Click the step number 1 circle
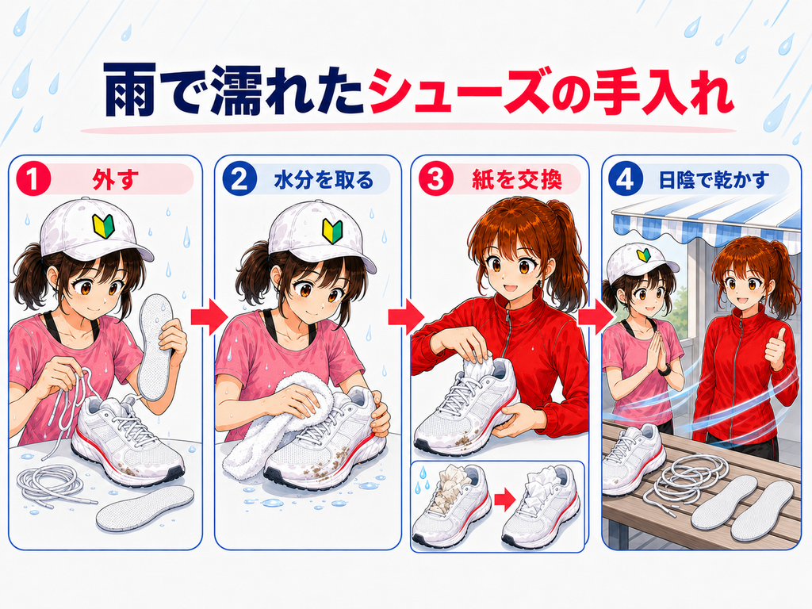33,180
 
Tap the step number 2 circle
239,180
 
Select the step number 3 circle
435,180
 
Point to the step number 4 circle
626,180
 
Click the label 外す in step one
116,180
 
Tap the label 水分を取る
324,180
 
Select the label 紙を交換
517,180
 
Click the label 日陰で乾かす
714,180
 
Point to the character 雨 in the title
130,90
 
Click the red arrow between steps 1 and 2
209,316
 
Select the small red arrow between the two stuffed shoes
505,500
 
